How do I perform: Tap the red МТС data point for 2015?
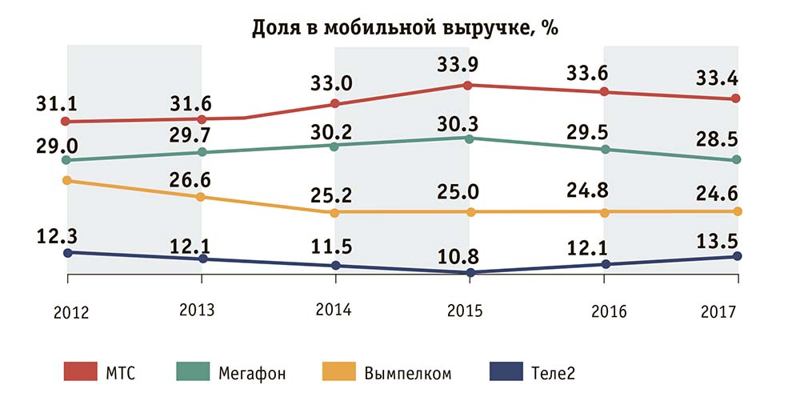470,85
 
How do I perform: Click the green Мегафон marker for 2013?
202,152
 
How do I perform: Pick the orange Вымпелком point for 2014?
336,212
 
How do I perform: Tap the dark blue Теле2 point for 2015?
470,272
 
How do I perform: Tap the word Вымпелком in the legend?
408,372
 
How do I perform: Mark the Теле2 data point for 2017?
738,256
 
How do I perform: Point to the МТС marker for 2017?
738,98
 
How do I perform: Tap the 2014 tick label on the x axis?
336,311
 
